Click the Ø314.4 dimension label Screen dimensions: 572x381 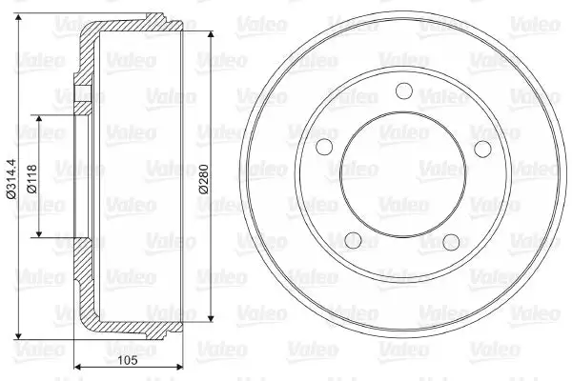(x=11, y=179)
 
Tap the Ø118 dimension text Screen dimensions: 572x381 (x=32, y=179)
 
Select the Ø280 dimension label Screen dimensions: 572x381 (x=203, y=179)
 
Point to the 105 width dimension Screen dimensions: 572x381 (x=128, y=360)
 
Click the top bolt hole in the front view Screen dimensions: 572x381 (x=404, y=90)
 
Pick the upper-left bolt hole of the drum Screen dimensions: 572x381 (x=324, y=147)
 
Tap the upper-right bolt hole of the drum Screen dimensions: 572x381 (x=482, y=149)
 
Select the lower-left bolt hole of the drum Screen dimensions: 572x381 (x=353, y=241)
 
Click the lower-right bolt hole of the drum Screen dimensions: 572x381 (x=451, y=242)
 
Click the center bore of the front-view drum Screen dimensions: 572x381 (x=403, y=174)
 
